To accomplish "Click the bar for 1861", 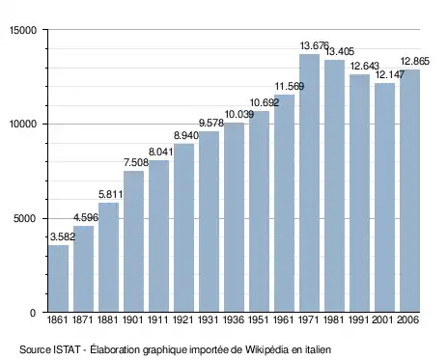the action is click(x=58, y=279).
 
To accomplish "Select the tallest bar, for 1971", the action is click(x=309, y=182).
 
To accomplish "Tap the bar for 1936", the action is click(x=234, y=217).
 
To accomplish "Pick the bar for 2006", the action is click(x=409, y=191).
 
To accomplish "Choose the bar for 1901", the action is click(x=133, y=241).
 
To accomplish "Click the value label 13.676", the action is click(x=315, y=45).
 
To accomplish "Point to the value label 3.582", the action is click(x=63, y=236).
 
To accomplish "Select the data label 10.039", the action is click(x=239, y=114).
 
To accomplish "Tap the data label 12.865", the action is click(x=415, y=61).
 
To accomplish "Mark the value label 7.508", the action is click(x=136, y=162).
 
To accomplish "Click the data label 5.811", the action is click(x=111, y=194).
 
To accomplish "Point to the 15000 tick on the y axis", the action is click(x=23, y=30).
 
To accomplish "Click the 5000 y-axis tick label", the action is click(x=25, y=219).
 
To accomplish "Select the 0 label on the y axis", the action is click(x=33, y=313).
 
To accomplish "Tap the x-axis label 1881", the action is click(x=108, y=320).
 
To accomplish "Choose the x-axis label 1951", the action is click(x=259, y=320).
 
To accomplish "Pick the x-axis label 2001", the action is click(x=384, y=320).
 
